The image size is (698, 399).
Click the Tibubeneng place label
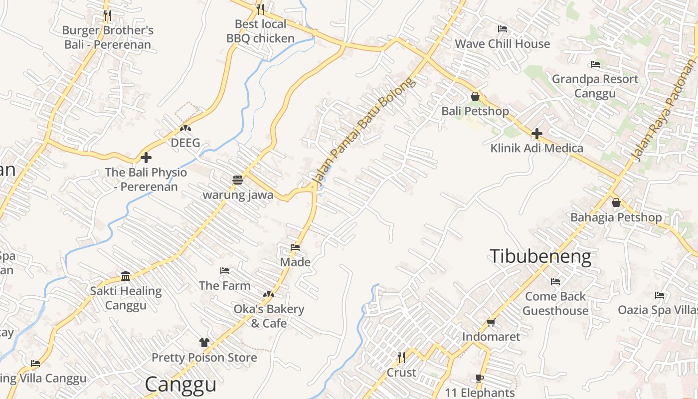click(540, 256)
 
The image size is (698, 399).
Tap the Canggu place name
click(180, 385)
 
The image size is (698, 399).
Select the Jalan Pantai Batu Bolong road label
click(363, 131)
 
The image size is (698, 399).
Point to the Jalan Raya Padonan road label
click(666, 112)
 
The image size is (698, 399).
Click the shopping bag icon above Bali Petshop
click(475, 96)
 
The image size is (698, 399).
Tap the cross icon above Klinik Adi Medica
click(536, 134)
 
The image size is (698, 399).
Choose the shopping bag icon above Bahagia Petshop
click(616, 202)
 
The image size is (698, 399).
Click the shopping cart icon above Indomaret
click(491, 323)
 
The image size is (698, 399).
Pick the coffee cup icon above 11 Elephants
click(480, 379)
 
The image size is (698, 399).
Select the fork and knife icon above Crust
click(401, 358)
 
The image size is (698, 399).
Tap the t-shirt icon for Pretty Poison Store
click(204, 343)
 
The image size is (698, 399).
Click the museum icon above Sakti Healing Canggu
click(126, 276)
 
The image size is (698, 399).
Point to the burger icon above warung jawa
click(238, 180)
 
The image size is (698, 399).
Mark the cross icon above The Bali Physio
click(146, 158)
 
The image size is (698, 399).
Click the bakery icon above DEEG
click(185, 128)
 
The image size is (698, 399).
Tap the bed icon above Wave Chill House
click(503, 29)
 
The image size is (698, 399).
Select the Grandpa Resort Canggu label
click(595, 86)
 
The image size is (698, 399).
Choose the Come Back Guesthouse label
click(555, 303)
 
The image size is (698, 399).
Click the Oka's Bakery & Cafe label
click(269, 316)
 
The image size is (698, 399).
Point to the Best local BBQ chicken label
click(260, 31)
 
